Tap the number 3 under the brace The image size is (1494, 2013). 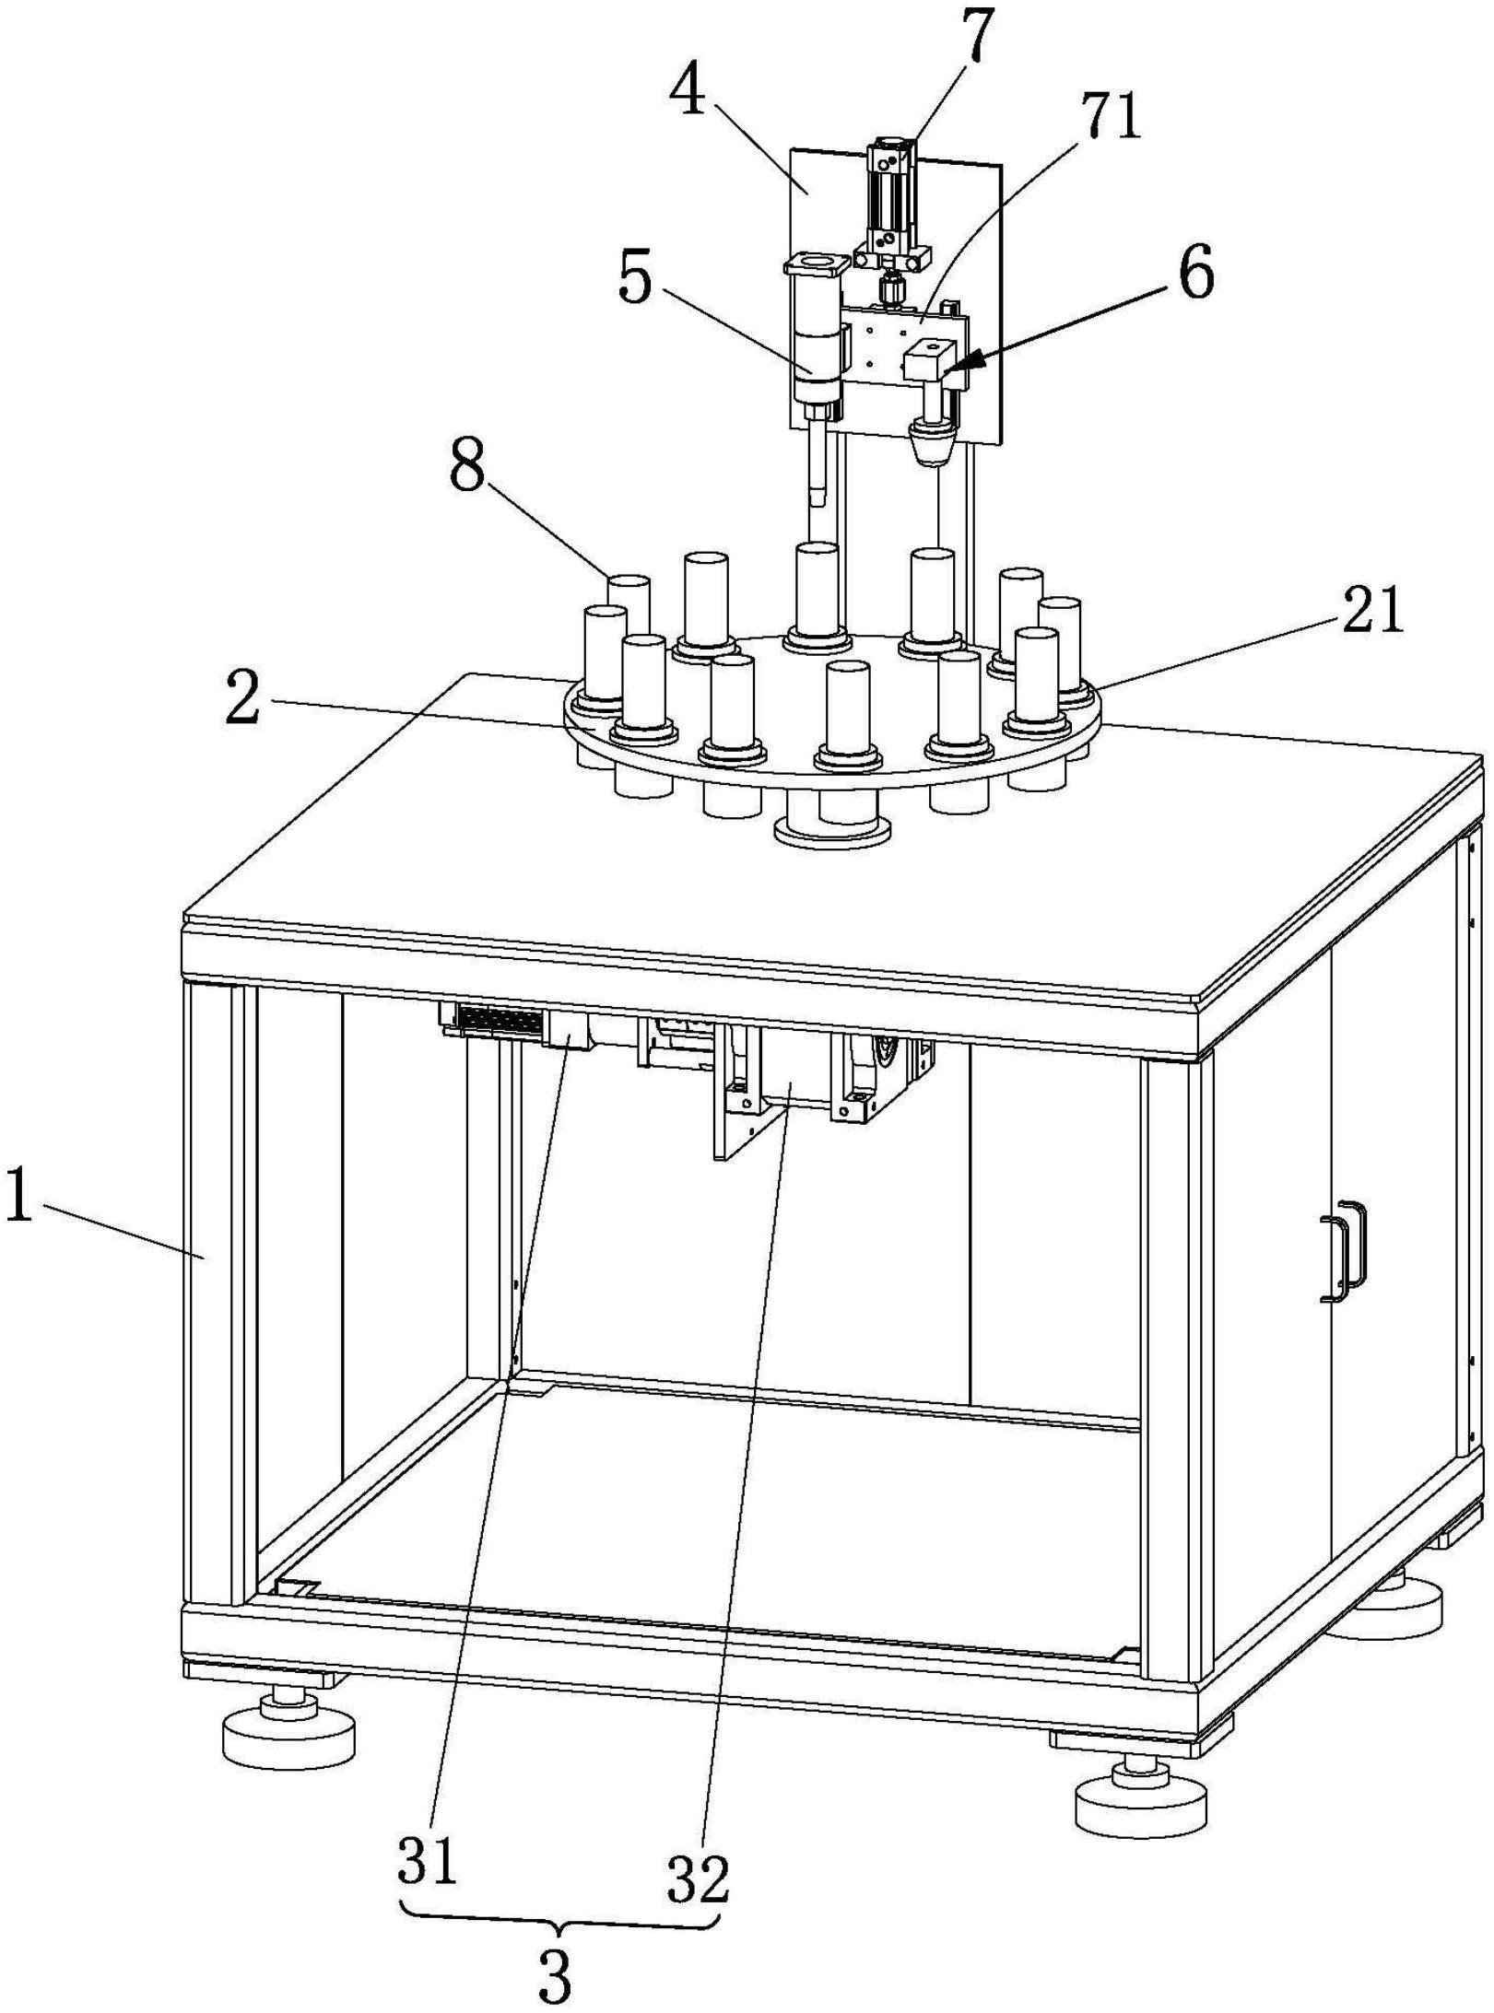click(x=553, y=1973)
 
